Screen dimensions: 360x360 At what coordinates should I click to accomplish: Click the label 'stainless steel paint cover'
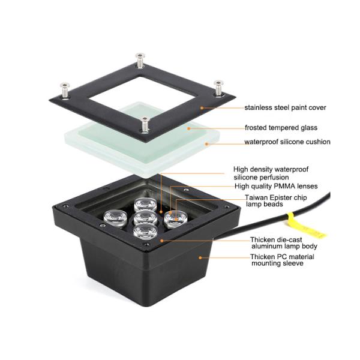click(285, 107)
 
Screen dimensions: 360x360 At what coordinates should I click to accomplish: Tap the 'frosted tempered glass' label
click(281, 128)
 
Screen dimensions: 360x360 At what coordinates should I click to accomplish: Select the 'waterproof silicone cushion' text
click(287, 142)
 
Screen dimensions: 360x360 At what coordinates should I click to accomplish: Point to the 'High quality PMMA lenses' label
click(276, 186)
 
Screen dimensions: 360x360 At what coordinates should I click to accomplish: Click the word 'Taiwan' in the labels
click(256, 197)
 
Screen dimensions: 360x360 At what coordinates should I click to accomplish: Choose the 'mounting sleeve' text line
click(277, 263)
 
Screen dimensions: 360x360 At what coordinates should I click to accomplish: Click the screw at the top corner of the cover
click(140, 60)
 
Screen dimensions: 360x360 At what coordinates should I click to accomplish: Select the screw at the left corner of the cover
click(65, 90)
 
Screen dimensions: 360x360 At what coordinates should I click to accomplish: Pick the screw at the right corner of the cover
click(218, 88)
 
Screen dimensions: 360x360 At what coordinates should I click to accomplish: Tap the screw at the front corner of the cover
click(145, 124)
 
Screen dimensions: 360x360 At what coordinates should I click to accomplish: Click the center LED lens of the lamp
click(145, 218)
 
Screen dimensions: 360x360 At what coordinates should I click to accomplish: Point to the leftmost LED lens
click(115, 219)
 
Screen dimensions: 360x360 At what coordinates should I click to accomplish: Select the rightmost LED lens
click(176, 219)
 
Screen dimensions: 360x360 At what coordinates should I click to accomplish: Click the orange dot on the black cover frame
click(202, 107)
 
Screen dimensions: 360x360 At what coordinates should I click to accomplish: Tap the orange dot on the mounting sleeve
click(200, 258)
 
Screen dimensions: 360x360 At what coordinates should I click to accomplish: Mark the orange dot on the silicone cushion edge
click(206, 144)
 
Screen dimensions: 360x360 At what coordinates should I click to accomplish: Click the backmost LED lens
click(146, 205)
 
